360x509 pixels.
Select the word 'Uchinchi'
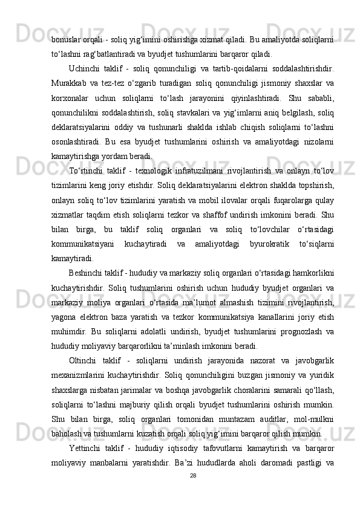point(87,67)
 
